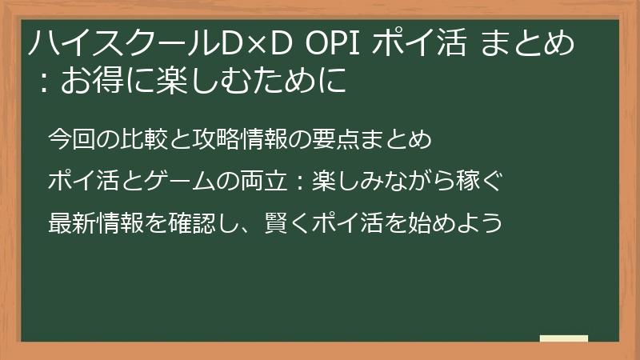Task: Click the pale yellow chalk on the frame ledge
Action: (563, 339)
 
